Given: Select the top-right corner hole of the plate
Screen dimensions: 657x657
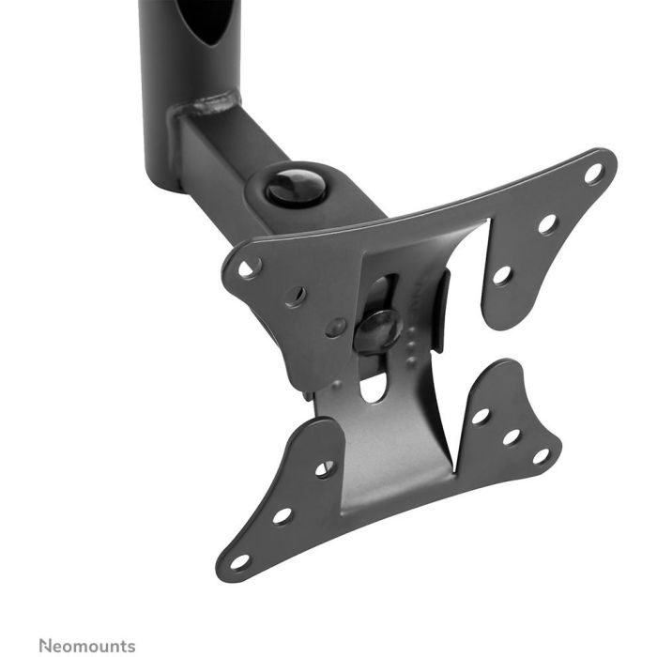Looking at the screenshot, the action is [x=593, y=174].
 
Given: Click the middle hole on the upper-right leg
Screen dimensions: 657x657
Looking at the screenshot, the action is [x=547, y=224].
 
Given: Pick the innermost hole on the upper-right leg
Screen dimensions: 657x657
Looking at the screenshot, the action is [x=502, y=275].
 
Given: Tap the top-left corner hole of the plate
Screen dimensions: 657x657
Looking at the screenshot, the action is [x=250, y=267].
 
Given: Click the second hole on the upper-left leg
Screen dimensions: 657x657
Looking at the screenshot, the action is [x=297, y=296].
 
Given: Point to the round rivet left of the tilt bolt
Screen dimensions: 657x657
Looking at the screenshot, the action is [x=336, y=328].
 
